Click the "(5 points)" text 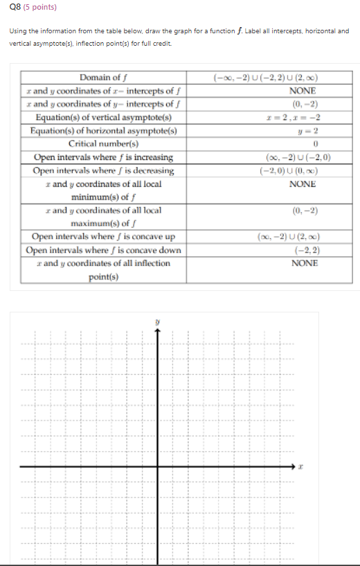coord(37,8)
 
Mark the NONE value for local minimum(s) coord(303,184)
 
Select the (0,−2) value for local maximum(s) coord(303,210)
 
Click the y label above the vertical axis coord(158,321)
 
